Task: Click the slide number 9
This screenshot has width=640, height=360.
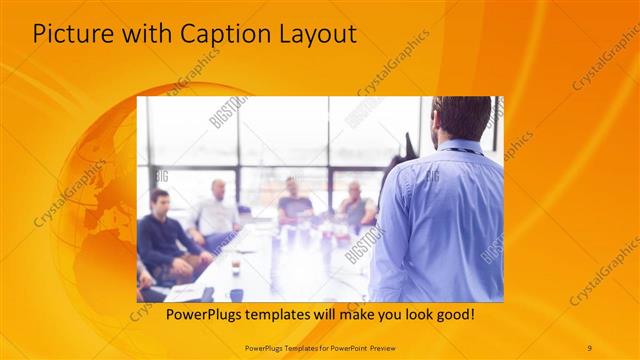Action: [x=589, y=347]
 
